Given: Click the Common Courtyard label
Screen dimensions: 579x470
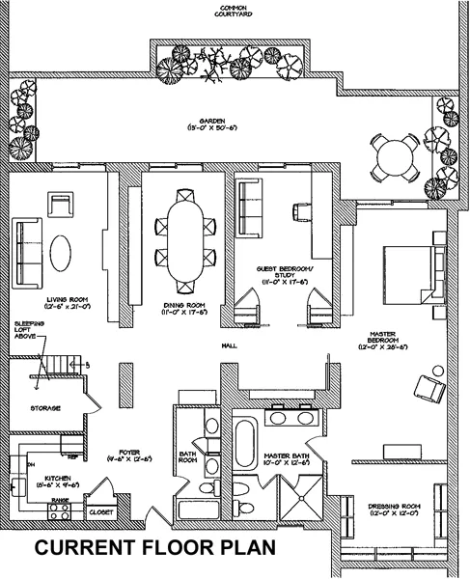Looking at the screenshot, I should [235, 12].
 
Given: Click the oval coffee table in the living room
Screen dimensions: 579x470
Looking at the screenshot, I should [61, 254].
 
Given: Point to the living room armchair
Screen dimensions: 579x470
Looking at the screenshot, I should [61, 205].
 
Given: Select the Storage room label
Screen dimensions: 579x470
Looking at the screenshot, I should [44, 408].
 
